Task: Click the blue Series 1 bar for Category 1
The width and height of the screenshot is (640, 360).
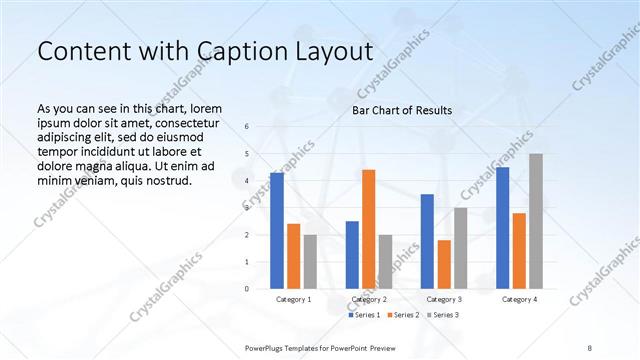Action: click(x=277, y=231)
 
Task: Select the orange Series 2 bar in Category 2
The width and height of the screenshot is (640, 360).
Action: click(x=368, y=229)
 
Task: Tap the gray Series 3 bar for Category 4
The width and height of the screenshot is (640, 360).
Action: click(x=536, y=221)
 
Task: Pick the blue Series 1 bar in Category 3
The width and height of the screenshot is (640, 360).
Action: click(x=427, y=241)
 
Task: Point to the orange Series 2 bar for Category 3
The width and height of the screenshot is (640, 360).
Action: click(x=444, y=264)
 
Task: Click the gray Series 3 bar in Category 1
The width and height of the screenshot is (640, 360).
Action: click(x=310, y=262)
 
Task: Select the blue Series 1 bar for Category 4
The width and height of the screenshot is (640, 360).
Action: click(x=502, y=228)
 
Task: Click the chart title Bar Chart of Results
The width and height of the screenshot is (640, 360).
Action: click(x=402, y=110)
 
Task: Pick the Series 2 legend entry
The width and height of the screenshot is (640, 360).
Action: click(x=403, y=315)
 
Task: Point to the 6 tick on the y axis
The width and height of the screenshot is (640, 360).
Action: click(x=247, y=127)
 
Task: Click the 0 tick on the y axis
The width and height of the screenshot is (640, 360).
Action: click(x=247, y=289)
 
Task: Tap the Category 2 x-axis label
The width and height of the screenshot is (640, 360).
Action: click(x=368, y=299)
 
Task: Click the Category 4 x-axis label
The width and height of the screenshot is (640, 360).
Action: click(x=519, y=299)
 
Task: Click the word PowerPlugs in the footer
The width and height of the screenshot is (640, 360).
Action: click(x=268, y=347)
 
